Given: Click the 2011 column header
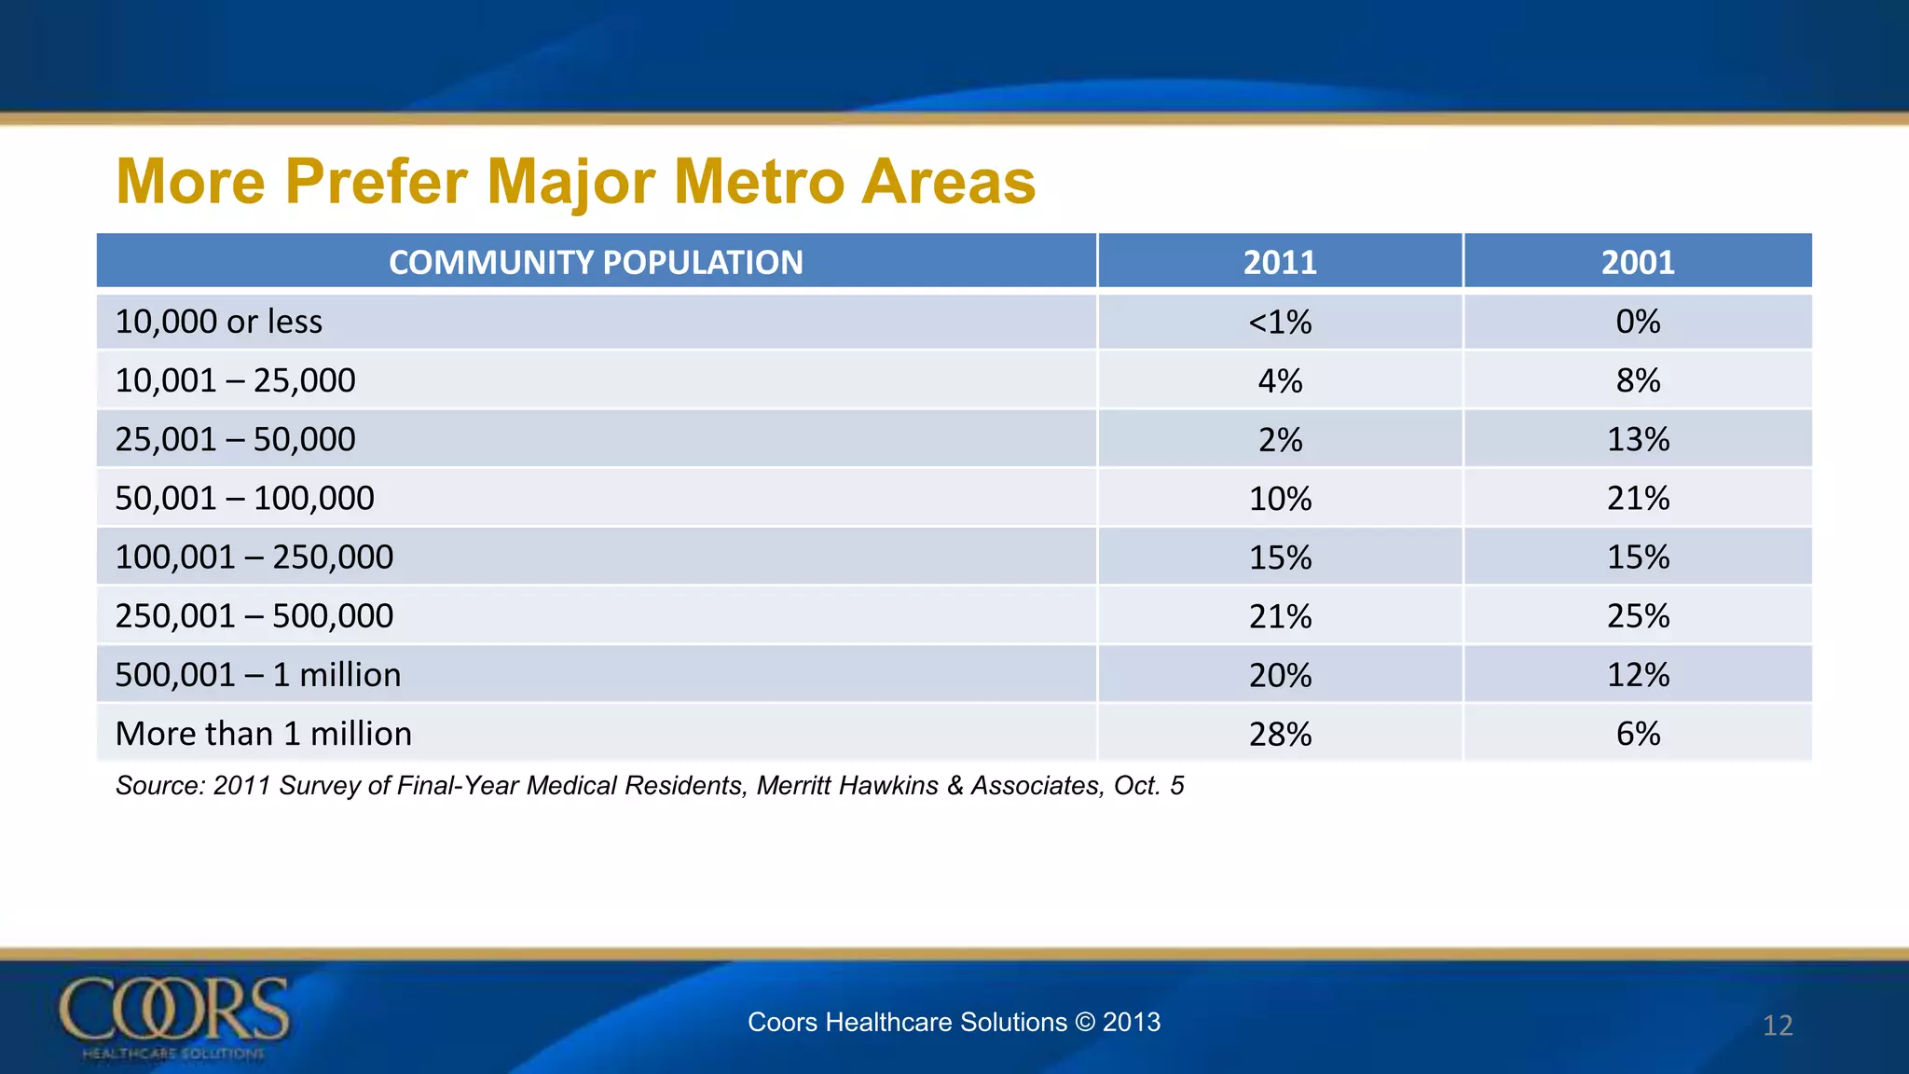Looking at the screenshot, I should pos(1280,262).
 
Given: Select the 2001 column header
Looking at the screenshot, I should pos(1638,262).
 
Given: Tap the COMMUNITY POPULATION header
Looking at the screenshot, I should pos(596,262).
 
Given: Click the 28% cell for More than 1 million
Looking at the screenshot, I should pos(1280,735).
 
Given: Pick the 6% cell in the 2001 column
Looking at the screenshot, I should pos(1638,734).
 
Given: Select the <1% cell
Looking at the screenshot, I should pos(1280,323).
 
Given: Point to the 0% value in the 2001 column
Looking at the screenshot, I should pos(1638,322).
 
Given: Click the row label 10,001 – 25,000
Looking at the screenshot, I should pos(235,380).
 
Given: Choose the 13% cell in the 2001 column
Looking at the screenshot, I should pos(1638,439).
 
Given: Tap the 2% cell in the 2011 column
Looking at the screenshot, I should pos(1280,440).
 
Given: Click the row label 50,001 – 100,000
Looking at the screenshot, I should pos(244,498).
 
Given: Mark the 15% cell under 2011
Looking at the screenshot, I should pos(1280,558).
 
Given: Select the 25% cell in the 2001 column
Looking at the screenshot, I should pos(1638,616).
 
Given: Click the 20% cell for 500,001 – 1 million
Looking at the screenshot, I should pos(1280,675).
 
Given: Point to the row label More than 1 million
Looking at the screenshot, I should pos(263,734).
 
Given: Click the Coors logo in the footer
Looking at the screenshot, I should pos(174,1016).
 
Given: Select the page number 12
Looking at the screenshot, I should pos(1778,1026).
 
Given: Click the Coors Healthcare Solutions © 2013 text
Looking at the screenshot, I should pos(954,1022).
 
